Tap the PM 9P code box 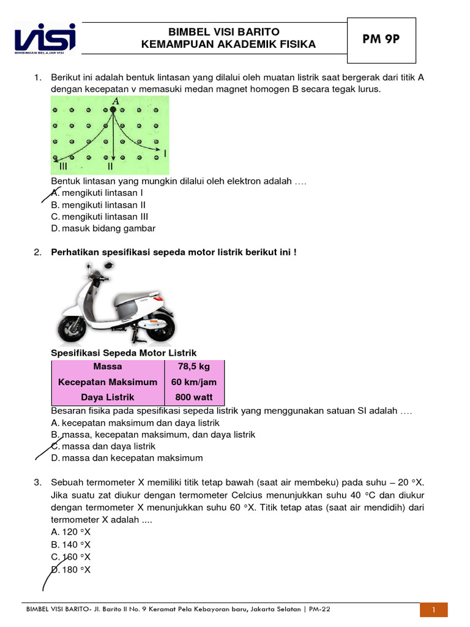[381, 39]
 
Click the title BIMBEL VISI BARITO [211, 32]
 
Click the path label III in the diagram [63, 166]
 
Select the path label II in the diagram [110, 166]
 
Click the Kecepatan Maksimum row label [108, 382]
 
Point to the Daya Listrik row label [108, 397]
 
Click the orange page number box [433, 610]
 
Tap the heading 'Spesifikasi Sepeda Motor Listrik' [123, 353]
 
